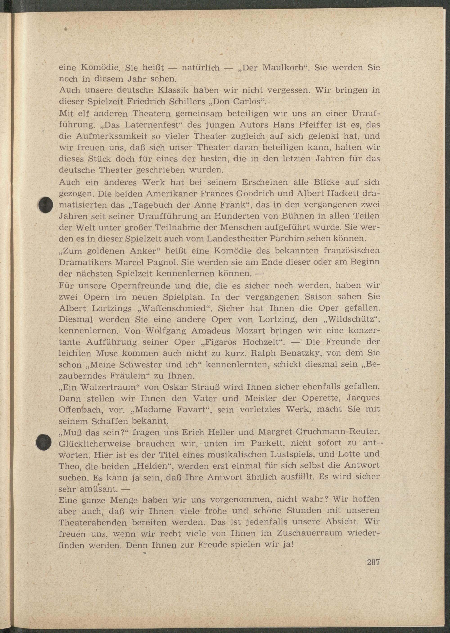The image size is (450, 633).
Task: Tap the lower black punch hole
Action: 44,442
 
